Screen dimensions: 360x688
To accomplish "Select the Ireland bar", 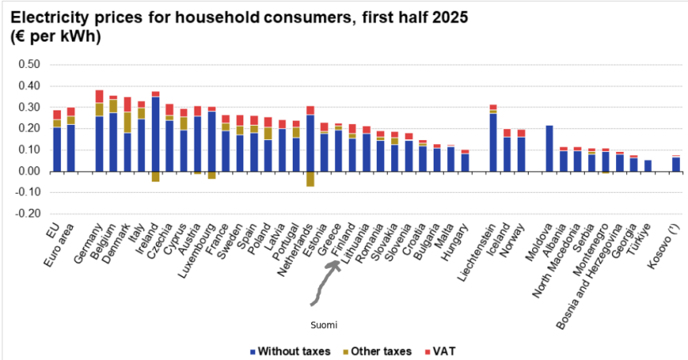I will click(155, 132).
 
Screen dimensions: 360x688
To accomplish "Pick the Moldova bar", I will click(550, 148).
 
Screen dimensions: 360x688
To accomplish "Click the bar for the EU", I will click(57, 141).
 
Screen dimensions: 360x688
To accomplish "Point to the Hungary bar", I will click(466, 160).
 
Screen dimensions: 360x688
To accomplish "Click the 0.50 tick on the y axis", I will click(29, 64).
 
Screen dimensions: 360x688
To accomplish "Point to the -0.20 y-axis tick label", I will click(27, 214).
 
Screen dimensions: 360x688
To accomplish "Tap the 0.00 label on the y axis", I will click(29, 171).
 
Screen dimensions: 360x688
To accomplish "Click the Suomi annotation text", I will click(324, 326).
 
